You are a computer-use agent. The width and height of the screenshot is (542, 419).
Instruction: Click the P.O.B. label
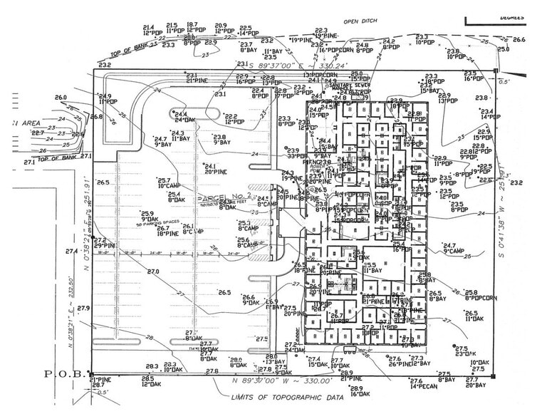[x=66, y=373]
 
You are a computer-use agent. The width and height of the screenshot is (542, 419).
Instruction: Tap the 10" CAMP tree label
[x=168, y=187]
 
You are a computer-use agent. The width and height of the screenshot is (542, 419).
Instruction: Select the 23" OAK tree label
[x=465, y=354]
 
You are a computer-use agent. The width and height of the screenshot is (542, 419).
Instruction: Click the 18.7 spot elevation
[x=192, y=25]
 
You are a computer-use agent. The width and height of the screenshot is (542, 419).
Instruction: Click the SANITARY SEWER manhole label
[x=347, y=86]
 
